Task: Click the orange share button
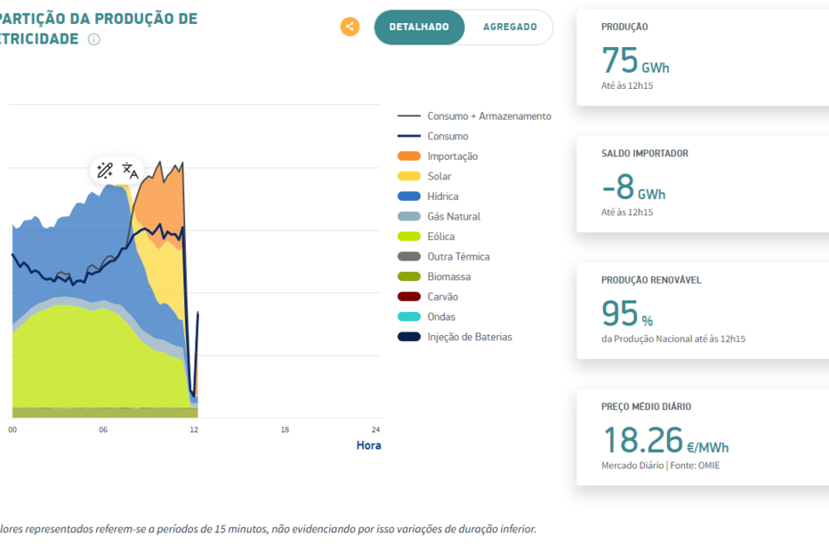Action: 350,27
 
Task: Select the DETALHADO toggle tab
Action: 419,28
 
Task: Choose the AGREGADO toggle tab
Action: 510,28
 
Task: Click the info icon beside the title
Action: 94,40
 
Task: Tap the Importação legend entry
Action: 452,156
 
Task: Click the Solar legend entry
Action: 439,176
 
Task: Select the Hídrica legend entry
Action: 442,196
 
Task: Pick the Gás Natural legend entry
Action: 453,217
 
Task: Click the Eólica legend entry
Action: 440,236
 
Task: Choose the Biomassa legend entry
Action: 448,276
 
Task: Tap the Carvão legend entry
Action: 442,297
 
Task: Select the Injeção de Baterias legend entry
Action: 469,337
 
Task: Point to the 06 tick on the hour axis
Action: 103,430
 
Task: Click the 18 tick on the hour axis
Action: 285,430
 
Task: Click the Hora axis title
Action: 368,445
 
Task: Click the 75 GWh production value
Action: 635,61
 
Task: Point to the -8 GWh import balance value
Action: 632,188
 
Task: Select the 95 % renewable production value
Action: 627,315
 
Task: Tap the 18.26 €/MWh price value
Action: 665,442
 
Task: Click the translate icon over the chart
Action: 130,171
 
